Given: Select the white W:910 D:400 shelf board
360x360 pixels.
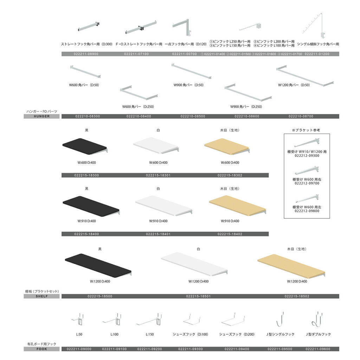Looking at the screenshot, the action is coord(164,205).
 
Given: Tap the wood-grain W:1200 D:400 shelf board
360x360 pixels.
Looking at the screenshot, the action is coord(291,265).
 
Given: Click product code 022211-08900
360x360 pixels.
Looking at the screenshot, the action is coord(86,54).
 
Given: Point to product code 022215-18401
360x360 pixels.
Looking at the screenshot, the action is coord(158,234).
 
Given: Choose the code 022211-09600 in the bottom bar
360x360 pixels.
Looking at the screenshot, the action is coord(318,349).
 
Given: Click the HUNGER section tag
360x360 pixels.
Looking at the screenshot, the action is coord(41,116).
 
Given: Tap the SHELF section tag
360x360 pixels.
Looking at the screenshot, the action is coord(41,296).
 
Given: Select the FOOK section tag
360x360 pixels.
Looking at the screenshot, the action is coord(41,349).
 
